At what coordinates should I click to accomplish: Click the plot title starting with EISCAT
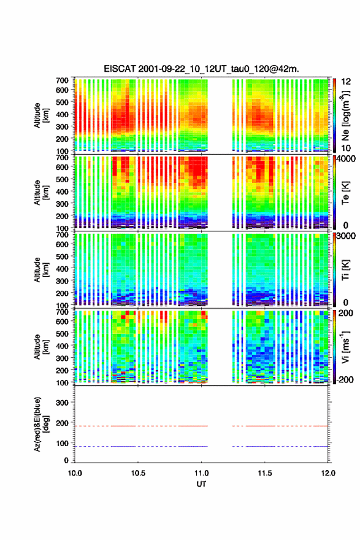tap(201, 69)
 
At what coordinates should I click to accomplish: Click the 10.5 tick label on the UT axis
tap(138, 473)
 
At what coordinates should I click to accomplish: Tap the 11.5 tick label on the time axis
tap(265, 473)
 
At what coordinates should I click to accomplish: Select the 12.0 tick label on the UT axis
tap(328, 473)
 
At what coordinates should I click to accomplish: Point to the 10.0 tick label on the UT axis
tap(75, 473)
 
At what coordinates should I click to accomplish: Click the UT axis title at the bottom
tap(201, 484)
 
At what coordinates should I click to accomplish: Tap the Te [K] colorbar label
tap(345, 193)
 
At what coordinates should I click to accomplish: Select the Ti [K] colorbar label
tap(345, 269)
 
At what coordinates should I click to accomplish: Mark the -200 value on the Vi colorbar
tap(345, 379)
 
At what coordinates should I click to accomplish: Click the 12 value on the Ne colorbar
tap(346, 82)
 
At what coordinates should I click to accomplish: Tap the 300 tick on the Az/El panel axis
tap(62, 403)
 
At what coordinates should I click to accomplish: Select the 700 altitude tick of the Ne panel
tap(62, 80)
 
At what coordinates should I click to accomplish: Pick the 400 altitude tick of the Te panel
tap(62, 191)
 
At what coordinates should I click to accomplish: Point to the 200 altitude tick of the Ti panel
tap(62, 293)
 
